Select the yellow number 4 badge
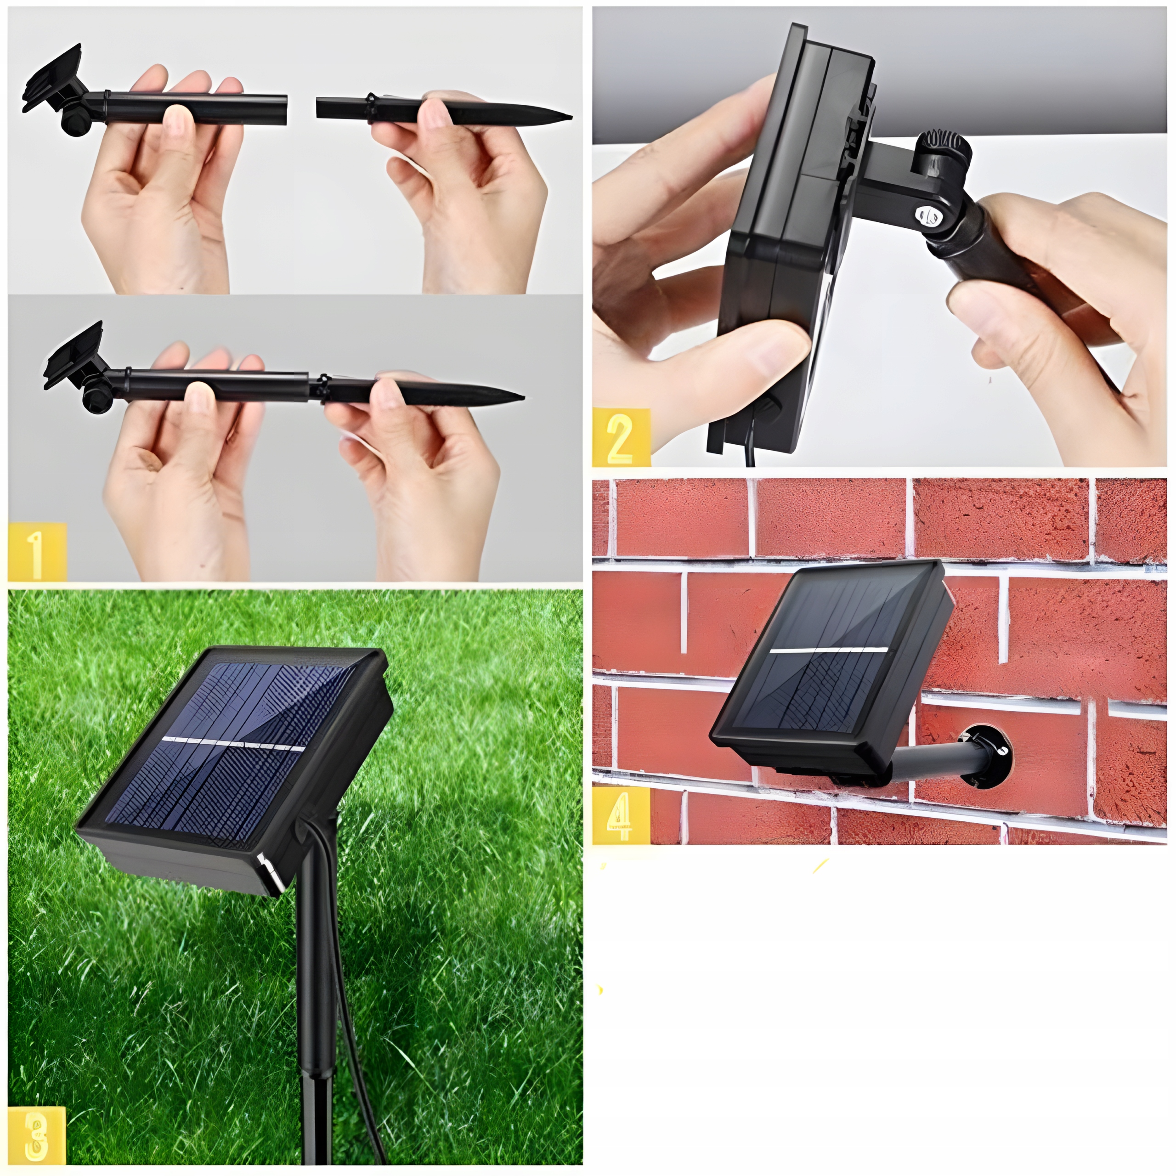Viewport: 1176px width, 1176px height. (620, 814)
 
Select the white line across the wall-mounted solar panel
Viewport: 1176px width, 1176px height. (828, 650)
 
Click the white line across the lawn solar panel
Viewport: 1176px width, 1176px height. (234, 744)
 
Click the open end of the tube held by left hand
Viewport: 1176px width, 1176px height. (283, 110)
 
